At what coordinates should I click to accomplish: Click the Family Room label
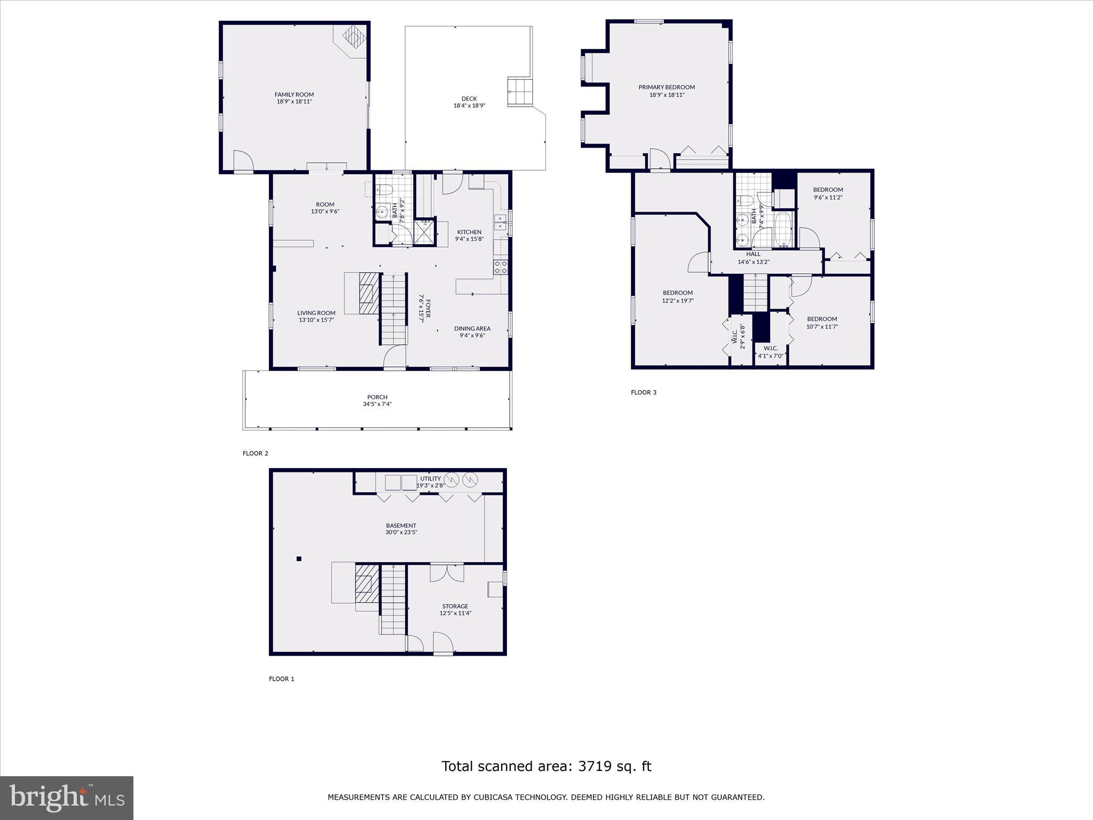point(294,94)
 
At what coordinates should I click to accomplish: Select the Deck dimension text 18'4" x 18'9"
point(469,106)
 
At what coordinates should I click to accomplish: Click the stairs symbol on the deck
point(520,92)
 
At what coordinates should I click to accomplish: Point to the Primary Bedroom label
point(667,87)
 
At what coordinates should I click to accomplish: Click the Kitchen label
point(469,232)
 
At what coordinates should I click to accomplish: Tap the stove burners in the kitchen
point(501,267)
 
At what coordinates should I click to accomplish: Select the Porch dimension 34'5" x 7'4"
point(377,404)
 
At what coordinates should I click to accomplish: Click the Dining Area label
point(472,328)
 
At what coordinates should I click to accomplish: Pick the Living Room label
point(316,313)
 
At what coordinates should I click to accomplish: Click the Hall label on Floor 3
point(753,254)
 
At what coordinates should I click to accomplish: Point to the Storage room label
point(455,606)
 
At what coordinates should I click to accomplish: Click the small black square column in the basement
point(299,559)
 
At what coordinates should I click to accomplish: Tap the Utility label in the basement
point(430,478)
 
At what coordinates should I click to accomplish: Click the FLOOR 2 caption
point(255,453)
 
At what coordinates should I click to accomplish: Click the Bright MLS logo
point(67,798)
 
